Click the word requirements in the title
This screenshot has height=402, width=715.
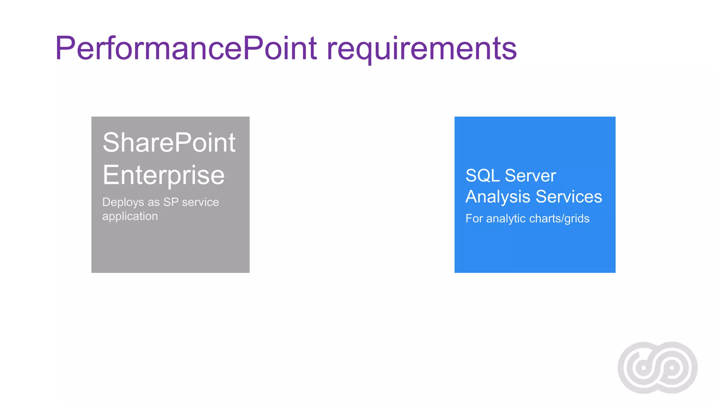[421, 49]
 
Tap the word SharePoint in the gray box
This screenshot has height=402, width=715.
[169, 143]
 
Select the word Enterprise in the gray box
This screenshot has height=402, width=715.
[163, 175]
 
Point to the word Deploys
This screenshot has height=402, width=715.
[123, 202]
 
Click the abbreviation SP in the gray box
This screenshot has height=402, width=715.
[171, 202]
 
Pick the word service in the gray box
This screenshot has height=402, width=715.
[200, 202]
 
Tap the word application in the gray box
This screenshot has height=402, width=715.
[130, 216]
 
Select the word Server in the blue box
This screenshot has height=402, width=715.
[530, 176]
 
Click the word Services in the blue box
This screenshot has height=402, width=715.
[569, 196]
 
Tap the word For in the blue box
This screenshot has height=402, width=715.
[474, 218]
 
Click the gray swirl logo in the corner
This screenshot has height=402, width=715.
[657, 368]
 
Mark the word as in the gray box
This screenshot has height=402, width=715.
[154, 202]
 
